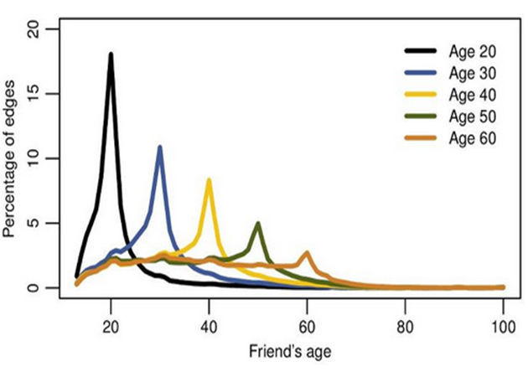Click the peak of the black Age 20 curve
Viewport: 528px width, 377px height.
click(x=111, y=54)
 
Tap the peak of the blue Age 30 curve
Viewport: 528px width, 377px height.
click(x=159, y=147)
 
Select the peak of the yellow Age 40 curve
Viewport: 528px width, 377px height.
click(x=209, y=180)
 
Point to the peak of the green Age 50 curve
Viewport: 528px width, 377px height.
click(x=258, y=223)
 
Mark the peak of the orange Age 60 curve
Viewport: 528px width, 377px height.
click(x=307, y=252)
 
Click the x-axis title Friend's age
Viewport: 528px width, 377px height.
click(x=290, y=352)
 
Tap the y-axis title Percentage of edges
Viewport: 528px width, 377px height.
click(x=14, y=159)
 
